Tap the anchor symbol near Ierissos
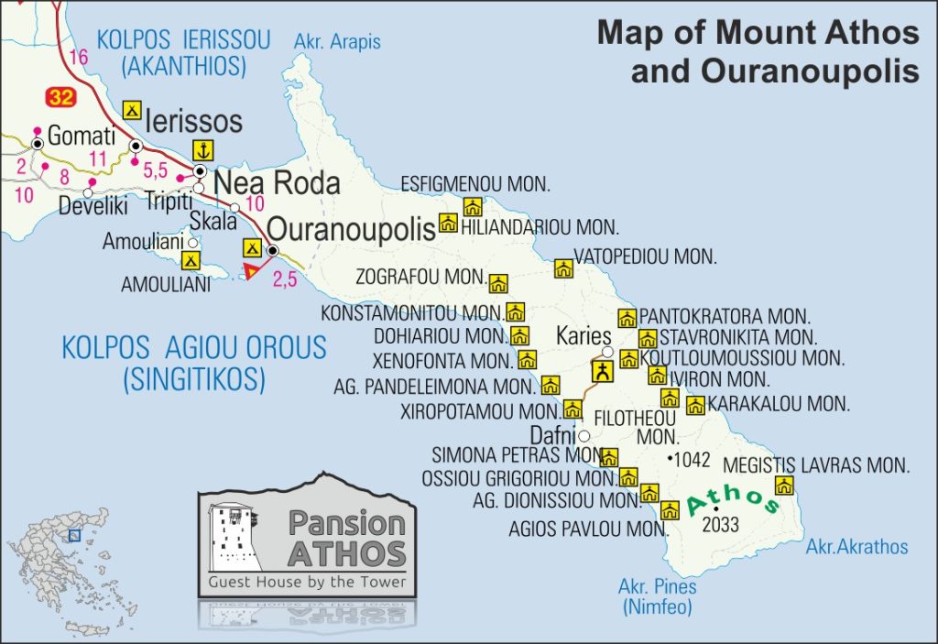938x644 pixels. (202, 150)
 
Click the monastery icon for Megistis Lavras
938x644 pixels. (784, 486)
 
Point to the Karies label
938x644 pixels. (584, 335)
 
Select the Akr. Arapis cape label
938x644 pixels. (336, 41)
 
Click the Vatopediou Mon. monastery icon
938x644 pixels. (563, 268)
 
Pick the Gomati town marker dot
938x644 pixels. (38, 144)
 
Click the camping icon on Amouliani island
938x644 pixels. (191, 260)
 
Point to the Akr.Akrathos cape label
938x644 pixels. (856, 547)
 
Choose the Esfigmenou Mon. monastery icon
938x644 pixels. (473, 206)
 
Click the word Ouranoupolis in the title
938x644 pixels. (773, 71)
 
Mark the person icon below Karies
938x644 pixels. (603, 371)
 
